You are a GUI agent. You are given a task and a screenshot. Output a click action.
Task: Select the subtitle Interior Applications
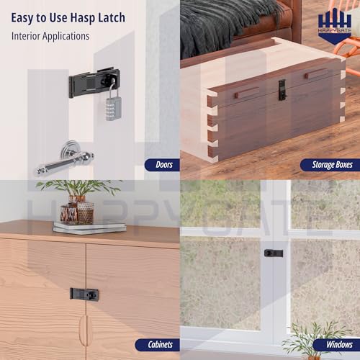[50, 36]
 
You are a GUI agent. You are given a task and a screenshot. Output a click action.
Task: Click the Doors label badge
[162, 165]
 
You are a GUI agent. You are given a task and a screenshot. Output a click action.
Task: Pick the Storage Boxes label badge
[330, 165]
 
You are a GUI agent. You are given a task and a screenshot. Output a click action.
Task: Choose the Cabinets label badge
[158, 345]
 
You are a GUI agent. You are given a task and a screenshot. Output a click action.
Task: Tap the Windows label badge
[336, 345]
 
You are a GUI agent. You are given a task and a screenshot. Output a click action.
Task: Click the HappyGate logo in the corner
[335, 26]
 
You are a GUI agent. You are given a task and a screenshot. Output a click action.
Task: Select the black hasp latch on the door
[94, 83]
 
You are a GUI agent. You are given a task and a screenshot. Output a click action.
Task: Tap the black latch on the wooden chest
[282, 90]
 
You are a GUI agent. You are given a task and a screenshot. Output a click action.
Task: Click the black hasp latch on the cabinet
[84, 294]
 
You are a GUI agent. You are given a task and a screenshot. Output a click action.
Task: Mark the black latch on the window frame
[274, 253]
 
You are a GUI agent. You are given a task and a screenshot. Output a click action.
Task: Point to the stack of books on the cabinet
[89, 228]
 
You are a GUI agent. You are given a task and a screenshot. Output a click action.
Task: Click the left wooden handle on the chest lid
[247, 93]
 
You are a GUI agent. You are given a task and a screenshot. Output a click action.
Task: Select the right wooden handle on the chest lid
[317, 73]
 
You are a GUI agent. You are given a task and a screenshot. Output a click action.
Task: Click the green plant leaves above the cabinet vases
[78, 188]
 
